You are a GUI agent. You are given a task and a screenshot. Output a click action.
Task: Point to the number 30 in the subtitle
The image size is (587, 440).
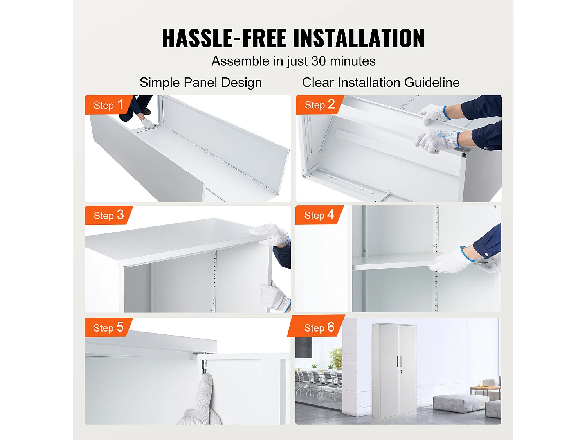319,61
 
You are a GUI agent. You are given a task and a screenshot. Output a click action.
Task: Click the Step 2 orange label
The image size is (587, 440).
319,105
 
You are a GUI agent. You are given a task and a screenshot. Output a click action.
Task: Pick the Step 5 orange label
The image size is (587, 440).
108,328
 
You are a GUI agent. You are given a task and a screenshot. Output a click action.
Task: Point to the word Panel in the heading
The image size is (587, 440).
200,83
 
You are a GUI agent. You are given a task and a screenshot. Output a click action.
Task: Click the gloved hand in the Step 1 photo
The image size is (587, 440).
149,124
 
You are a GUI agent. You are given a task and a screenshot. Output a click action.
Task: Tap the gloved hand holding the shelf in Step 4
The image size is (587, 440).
450,260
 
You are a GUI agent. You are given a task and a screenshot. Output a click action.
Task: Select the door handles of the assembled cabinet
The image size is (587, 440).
399,361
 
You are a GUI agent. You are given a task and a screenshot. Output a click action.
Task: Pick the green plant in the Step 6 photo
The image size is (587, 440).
336,358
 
